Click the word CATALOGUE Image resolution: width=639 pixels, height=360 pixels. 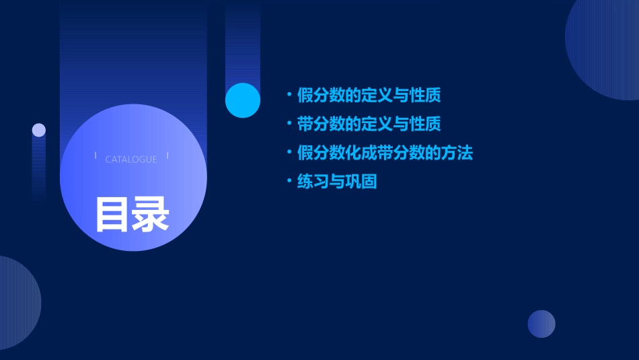click(x=131, y=159)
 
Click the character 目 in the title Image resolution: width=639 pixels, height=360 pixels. click(x=113, y=214)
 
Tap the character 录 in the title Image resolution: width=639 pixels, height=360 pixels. click(x=151, y=214)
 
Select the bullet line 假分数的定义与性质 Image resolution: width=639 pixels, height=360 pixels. click(x=369, y=95)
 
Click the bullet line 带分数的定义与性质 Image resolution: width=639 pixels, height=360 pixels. click(x=369, y=124)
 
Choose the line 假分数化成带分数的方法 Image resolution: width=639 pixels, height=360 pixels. click(x=385, y=153)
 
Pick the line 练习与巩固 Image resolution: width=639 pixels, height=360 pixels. click(x=336, y=182)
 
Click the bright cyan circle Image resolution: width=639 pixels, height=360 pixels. click(x=243, y=100)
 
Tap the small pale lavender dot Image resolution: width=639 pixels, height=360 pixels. click(x=39, y=130)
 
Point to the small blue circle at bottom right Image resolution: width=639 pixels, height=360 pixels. click(x=541, y=324)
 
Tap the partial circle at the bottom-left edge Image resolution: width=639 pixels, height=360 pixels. click(x=17, y=303)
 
